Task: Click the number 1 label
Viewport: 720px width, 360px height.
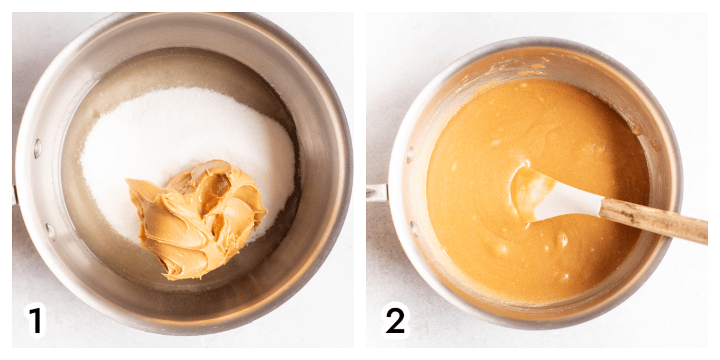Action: point(35,320)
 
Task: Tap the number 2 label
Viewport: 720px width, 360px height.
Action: point(395,320)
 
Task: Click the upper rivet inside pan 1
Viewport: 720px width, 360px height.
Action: point(38,148)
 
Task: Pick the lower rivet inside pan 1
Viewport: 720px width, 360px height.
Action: point(51,232)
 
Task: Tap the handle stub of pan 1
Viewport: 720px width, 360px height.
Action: point(14,195)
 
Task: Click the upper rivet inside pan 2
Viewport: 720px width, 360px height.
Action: point(410,155)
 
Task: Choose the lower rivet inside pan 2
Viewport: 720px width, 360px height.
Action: point(415,229)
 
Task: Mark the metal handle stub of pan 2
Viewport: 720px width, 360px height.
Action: point(377,193)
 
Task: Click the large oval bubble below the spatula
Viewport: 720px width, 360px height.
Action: point(563,239)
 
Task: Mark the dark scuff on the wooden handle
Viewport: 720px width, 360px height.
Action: point(631,215)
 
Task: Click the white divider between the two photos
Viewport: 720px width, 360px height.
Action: point(360,180)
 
